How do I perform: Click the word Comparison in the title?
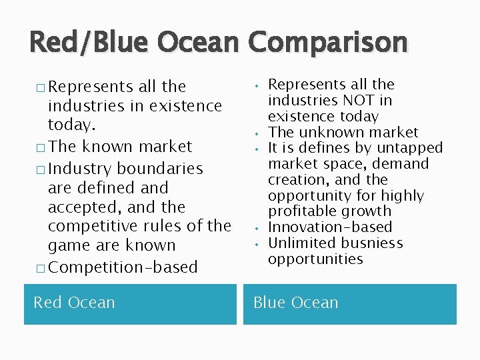(328, 43)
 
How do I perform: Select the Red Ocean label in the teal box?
(74, 303)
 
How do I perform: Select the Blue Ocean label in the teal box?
(295, 303)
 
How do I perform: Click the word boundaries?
(166, 169)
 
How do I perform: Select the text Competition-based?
(123, 267)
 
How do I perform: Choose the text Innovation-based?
(330, 227)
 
